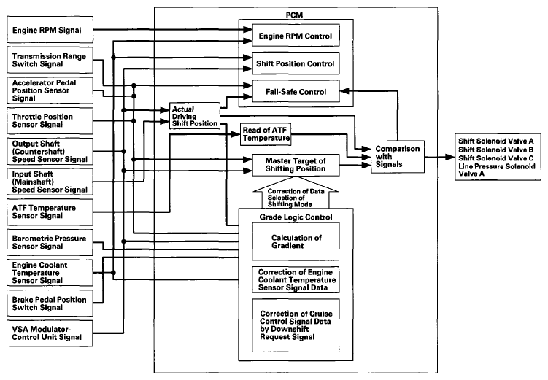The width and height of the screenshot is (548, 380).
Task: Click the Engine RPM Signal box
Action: pos(50,30)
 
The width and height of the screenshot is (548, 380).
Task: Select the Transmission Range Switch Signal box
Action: pos(50,60)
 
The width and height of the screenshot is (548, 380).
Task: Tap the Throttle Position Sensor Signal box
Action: pos(50,121)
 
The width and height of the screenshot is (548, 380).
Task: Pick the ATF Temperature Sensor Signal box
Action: pos(50,212)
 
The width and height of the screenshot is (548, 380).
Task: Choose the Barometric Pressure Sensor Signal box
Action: pos(50,242)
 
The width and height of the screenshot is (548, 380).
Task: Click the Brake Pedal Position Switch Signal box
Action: pos(50,303)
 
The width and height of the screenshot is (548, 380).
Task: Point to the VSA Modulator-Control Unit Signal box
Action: pos(50,333)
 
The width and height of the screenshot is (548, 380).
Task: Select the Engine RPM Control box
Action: pos(296,35)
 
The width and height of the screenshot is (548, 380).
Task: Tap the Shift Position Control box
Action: pos(296,63)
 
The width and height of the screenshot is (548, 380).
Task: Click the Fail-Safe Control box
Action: pos(296,91)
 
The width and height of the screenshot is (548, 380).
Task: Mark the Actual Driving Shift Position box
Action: pos(195,116)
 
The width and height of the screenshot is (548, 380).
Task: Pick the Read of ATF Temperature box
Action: pos(266,134)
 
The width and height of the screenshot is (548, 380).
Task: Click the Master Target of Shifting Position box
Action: pos(296,165)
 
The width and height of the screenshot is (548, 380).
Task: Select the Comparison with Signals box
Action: pos(398,157)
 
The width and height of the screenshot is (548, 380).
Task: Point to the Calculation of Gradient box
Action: pos(296,241)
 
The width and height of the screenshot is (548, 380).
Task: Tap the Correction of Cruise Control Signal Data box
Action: pos(296,325)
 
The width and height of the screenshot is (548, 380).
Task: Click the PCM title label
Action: pos(294,15)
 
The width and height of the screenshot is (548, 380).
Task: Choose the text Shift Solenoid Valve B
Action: pos(496,150)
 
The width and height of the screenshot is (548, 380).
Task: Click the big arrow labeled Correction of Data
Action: pos(296,193)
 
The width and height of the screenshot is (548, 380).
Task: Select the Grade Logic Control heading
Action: pos(296,217)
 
